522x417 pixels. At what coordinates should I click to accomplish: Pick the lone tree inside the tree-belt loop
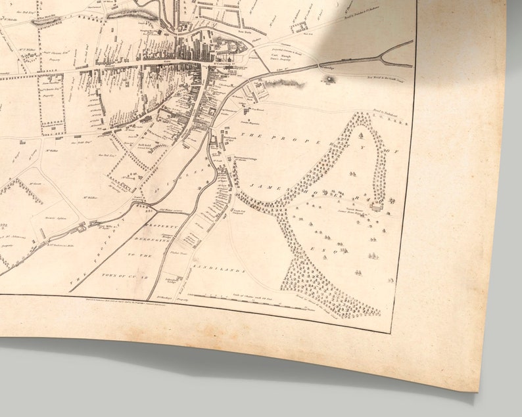(360, 136)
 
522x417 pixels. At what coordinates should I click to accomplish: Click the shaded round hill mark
(327, 79)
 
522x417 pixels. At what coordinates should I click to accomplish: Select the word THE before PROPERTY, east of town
(254, 135)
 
